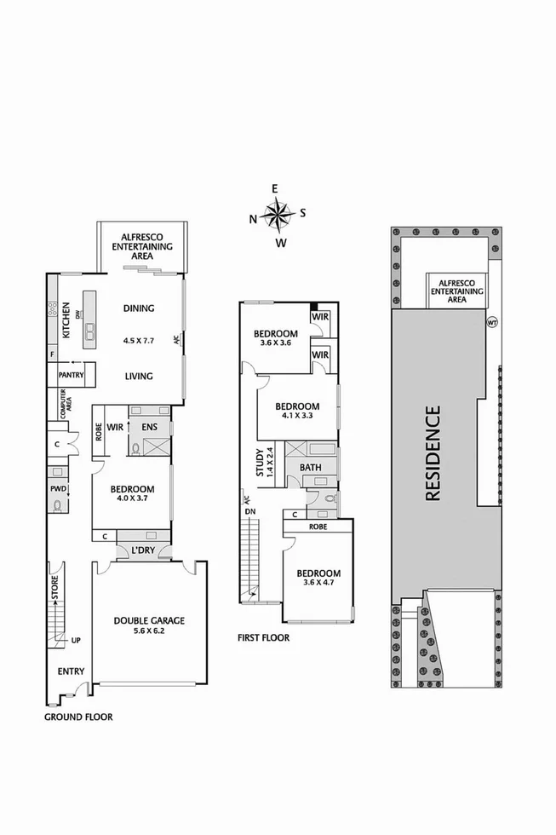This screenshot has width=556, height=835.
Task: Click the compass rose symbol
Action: pos(278,215)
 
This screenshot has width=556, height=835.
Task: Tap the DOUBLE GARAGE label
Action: pos(149,621)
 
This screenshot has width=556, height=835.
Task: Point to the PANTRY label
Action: pos(70,374)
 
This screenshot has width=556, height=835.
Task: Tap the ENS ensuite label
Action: pos(149,426)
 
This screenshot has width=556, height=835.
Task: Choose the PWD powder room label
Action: pos(58,489)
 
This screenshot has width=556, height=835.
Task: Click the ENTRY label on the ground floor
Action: pos(71,671)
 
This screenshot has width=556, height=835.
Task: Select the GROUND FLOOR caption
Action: pos(78,717)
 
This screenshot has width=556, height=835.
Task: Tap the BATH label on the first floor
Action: pos(312,468)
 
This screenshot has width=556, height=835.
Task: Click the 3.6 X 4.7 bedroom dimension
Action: pos(318,583)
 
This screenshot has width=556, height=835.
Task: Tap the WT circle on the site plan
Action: pos(491,322)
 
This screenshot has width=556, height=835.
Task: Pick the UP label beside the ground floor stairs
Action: pos(76,641)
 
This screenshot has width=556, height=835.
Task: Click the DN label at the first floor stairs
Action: pos(249,511)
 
